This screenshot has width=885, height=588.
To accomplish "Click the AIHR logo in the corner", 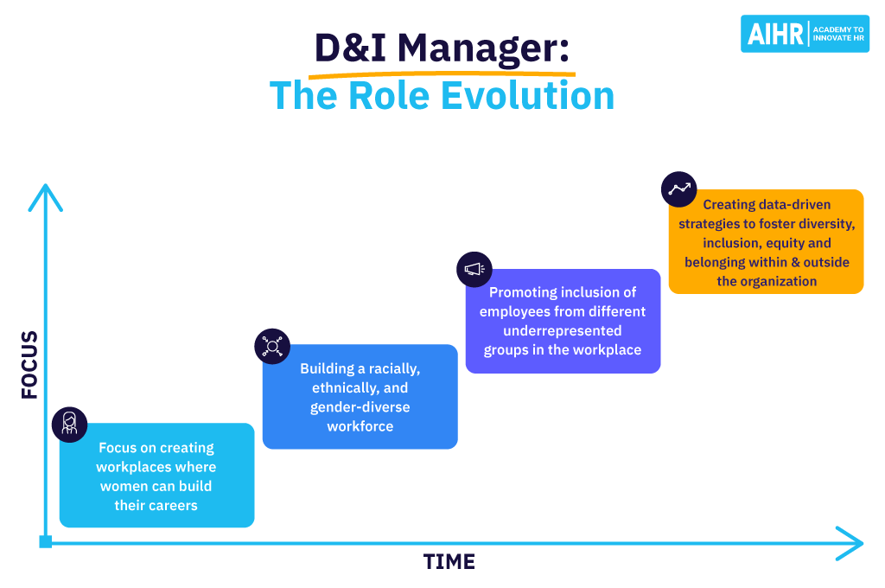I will (x=805, y=34).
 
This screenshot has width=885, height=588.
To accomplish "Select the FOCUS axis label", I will (x=30, y=364).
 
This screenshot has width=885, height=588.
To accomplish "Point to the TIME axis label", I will (x=449, y=562).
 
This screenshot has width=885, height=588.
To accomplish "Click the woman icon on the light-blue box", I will (x=70, y=424).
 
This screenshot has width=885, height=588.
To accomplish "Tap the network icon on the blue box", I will (x=272, y=346).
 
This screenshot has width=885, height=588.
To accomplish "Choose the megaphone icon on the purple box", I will (x=474, y=270).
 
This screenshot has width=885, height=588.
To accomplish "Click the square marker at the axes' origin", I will (x=46, y=542).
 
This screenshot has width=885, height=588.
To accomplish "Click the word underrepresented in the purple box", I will (x=563, y=330).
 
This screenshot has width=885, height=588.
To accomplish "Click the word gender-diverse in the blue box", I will (x=360, y=407).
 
